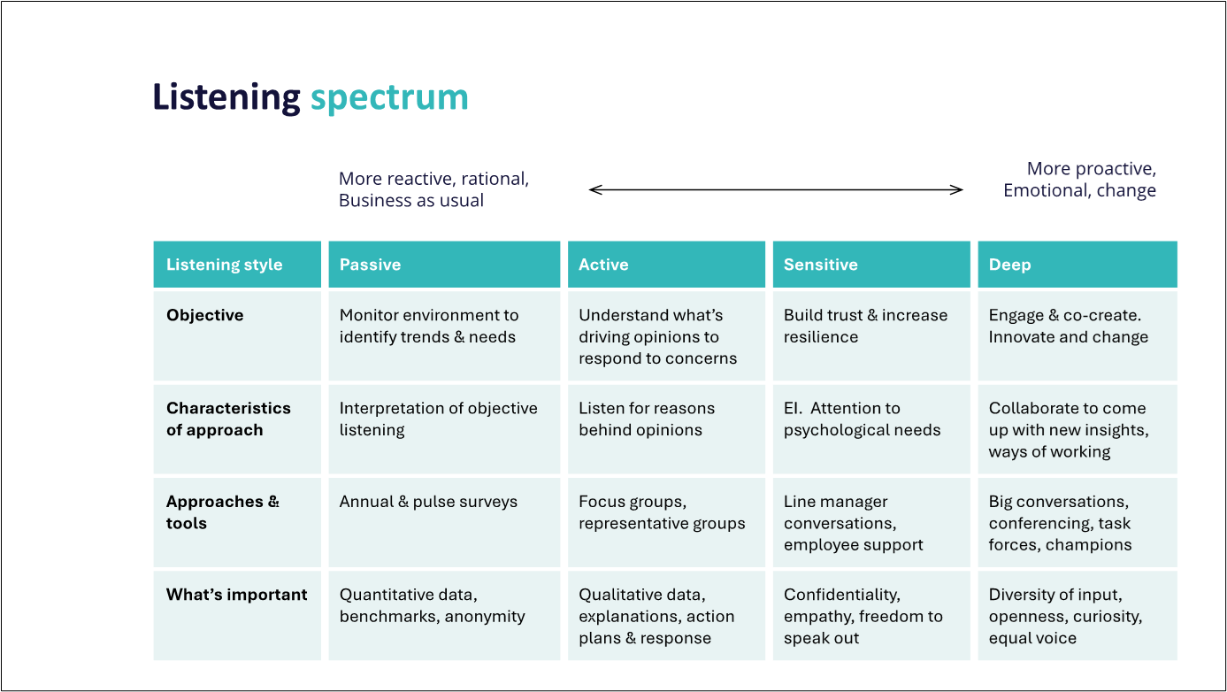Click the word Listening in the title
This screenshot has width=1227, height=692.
tap(226, 97)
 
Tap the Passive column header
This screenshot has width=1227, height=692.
tap(444, 264)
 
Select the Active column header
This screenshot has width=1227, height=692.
tap(666, 264)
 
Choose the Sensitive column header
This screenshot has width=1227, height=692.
tap(871, 264)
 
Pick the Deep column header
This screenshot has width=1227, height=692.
tap(1077, 264)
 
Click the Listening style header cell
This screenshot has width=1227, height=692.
tap(237, 264)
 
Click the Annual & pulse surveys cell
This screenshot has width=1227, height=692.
tap(444, 522)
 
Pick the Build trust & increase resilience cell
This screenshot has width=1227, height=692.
tap(871, 335)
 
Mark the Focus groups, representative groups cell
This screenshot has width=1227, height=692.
tap(666, 522)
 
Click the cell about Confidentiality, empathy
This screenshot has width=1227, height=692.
tap(871, 615)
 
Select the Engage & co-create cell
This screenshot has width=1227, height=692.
tap(1077, 335)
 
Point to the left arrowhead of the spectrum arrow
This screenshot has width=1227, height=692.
tap(590, 189)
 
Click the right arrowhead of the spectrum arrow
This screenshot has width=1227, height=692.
tap(962, 189)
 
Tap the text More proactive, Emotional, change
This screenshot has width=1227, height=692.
tap(1079, 179)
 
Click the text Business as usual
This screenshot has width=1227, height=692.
tap(411, 201)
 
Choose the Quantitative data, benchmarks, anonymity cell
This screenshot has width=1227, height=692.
tap(444, 615)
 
